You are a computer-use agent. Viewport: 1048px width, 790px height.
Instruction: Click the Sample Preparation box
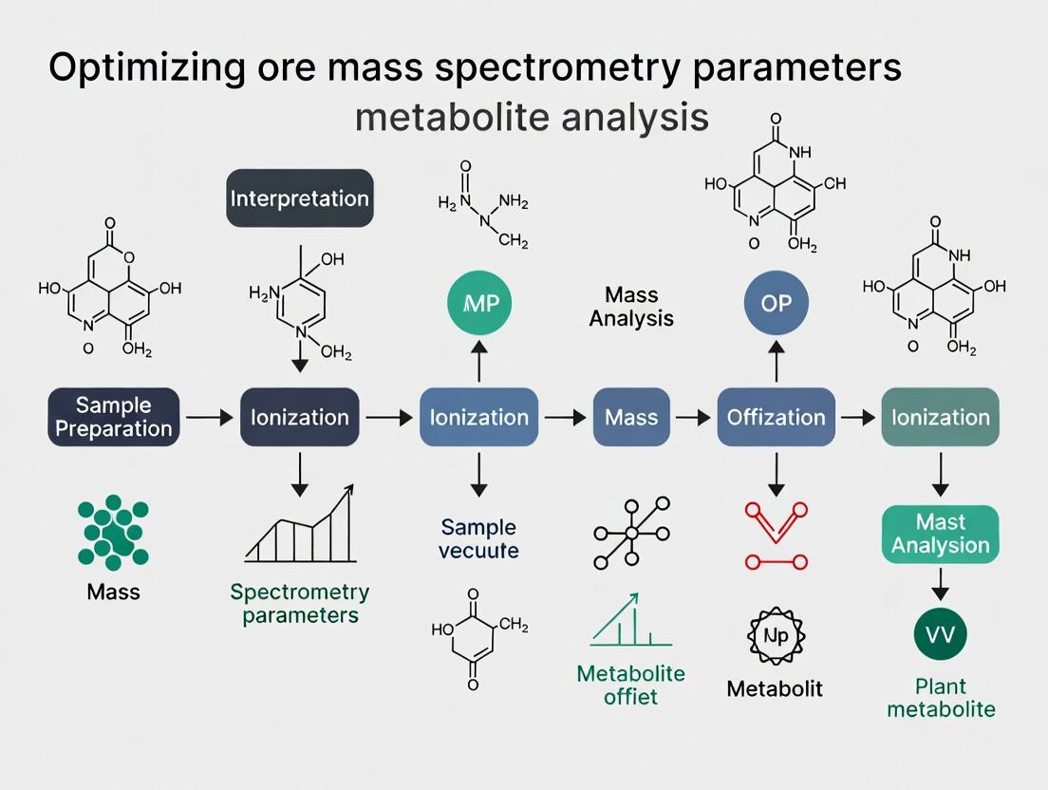point(114,417)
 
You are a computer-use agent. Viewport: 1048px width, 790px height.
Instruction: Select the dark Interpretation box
point(300,198)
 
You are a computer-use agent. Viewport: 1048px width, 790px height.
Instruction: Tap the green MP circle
point(479,304)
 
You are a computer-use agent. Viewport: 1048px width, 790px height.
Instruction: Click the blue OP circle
point(777,304)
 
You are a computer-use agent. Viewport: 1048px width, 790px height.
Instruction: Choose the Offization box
point(776,417)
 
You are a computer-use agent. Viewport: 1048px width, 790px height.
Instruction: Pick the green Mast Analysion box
point(941,535)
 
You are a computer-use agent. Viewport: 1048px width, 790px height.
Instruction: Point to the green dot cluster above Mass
point(112,532)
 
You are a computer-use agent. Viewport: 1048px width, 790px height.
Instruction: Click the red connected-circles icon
point(777,537)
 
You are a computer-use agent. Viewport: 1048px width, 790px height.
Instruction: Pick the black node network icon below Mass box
point(630,533)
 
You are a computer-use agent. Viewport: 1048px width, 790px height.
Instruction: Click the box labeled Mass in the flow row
point(630,417)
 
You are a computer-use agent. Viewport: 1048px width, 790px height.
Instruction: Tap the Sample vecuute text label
point(478,538)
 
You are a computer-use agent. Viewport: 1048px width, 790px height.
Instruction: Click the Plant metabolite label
point(941,698)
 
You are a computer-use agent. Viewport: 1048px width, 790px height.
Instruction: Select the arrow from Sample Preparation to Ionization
point(209,417)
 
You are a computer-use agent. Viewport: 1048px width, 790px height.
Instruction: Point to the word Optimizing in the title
point(148,70)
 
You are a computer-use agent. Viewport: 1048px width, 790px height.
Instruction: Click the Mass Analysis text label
point(631,307)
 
